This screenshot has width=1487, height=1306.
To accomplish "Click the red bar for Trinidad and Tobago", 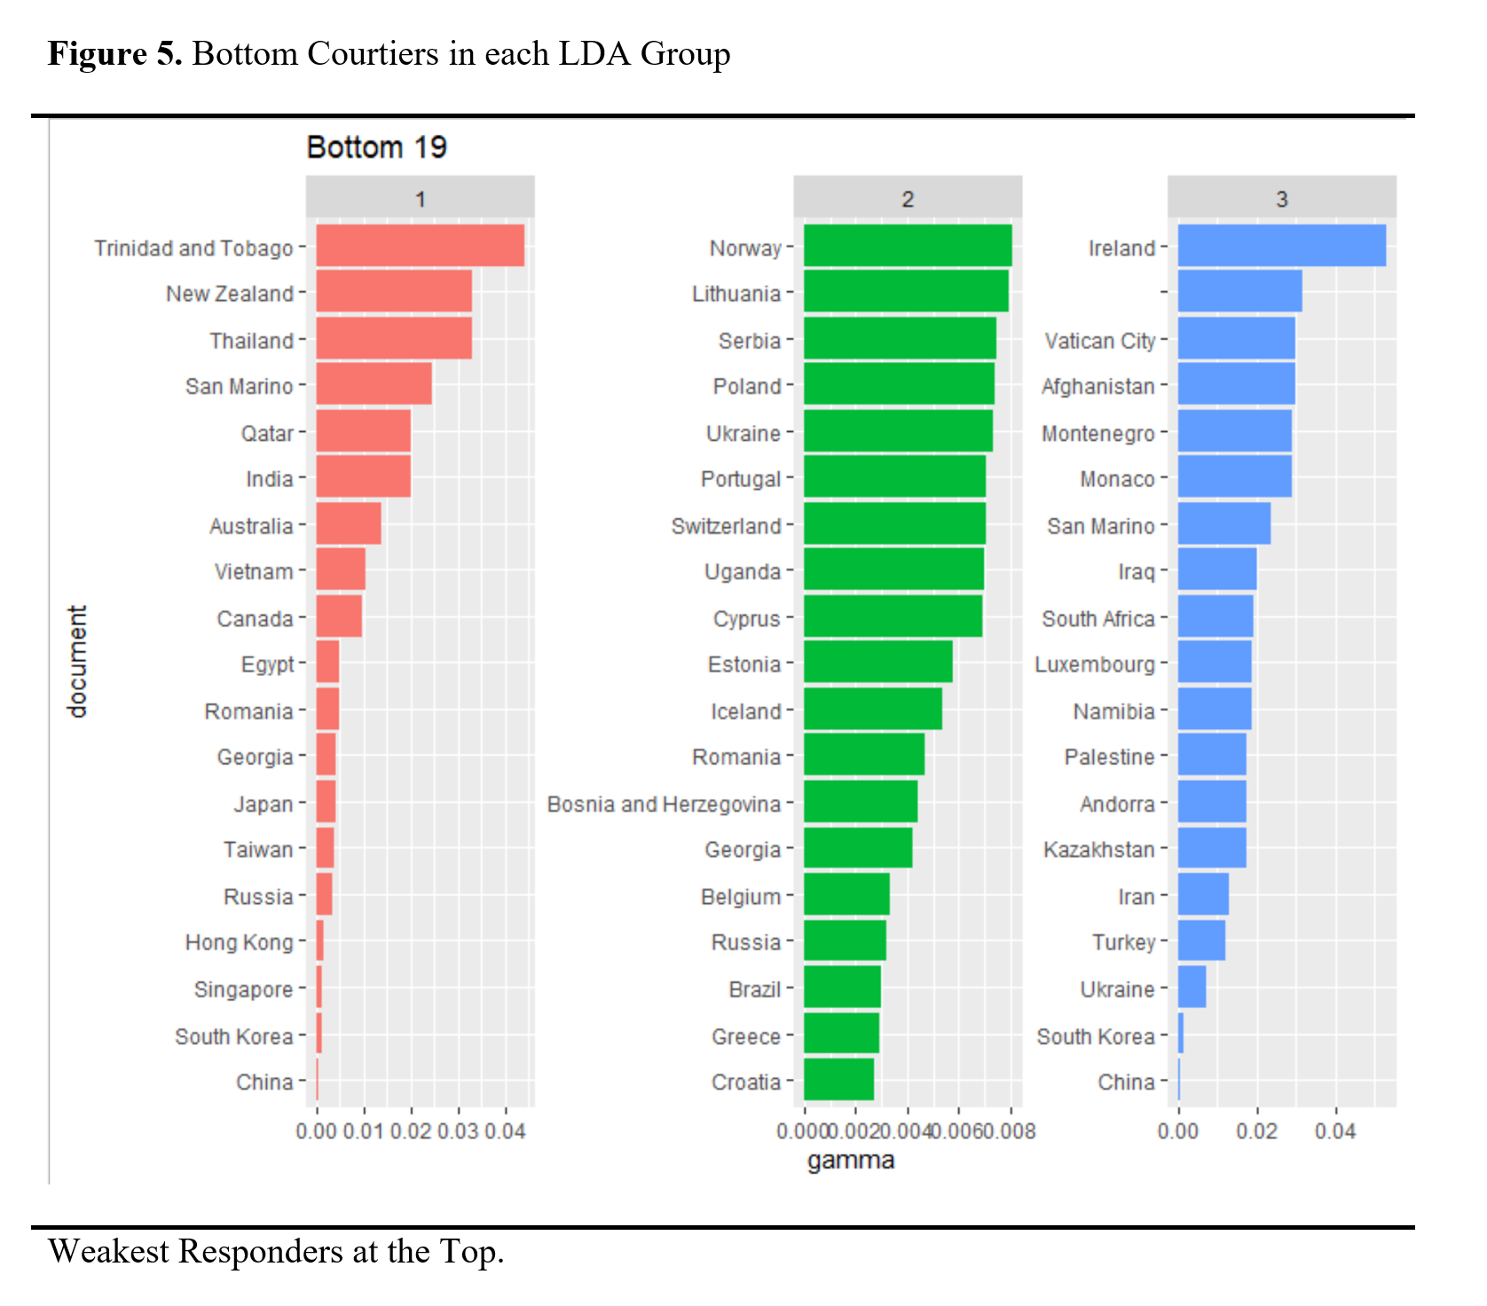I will pos(420,246).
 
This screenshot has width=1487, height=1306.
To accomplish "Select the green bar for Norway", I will pos(907,246).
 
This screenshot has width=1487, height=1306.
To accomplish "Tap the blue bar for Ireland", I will pos(1281,246).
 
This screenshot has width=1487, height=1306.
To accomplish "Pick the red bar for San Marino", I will pos(374,384).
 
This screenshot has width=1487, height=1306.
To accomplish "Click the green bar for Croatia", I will pos(838,1080).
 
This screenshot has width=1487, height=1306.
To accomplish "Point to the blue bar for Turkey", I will pos(1201,940).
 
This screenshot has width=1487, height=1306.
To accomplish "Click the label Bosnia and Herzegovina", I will pos(664,804).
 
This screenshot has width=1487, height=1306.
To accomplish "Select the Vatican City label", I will pos(1099,341).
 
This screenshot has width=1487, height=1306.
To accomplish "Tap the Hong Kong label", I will pos(239,942).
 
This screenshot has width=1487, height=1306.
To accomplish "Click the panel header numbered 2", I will pos(907,199).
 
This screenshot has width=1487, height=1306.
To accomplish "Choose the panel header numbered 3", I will pos(1281,199).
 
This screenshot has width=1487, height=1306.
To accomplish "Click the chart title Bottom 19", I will pos(376,147).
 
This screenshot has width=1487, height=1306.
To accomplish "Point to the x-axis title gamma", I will pos(850,1160).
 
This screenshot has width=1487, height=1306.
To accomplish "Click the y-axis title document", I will pos(78,662).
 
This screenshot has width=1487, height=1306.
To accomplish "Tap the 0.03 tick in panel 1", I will pos(458,1131).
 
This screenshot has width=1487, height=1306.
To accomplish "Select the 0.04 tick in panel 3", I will pos(1334,1131).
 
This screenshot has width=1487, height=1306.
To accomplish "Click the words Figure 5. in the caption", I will pos(114,54).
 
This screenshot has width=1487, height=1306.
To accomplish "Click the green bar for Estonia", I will pos(877,662).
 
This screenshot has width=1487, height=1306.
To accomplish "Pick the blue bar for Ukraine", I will pos(1192,987).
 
